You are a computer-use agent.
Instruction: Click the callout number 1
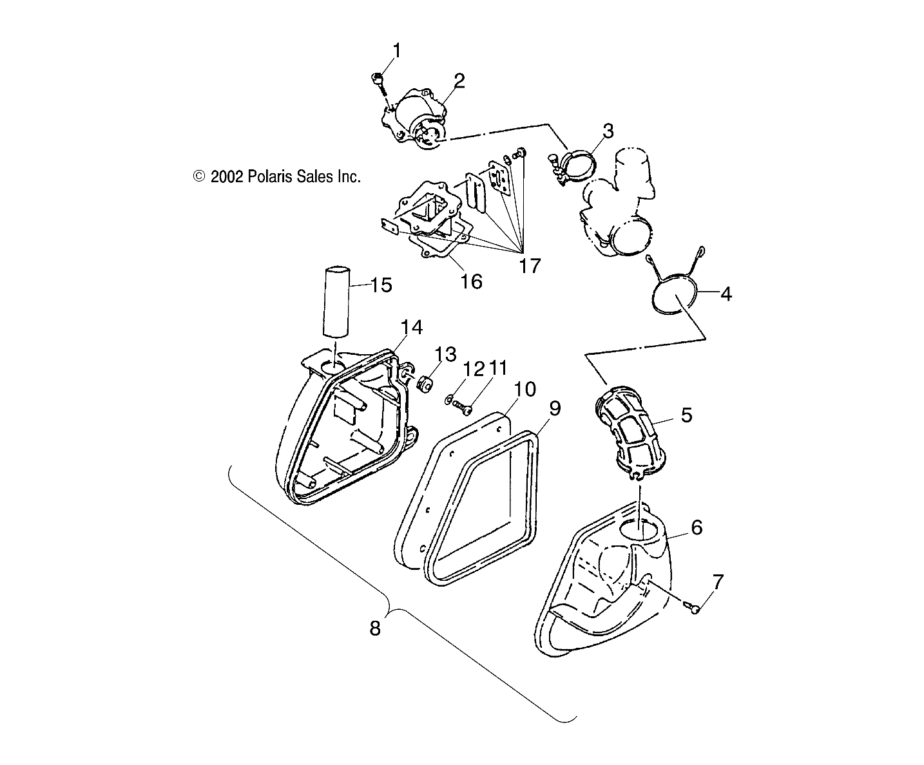tap(396, 50)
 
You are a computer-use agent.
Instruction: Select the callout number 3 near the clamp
tap(608, 131)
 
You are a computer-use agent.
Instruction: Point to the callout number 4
tap(726, 294)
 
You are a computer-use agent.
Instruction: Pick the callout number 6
tap(696, 528)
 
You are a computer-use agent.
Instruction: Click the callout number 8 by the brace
tap(374, 627)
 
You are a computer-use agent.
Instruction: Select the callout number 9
tap(554, 408)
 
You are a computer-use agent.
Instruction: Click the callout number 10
tap(525, 388)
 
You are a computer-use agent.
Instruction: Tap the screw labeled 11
tap(463, 405)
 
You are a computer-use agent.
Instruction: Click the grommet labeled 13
tap(424, 384)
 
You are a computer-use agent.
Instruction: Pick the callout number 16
tap(472, 281)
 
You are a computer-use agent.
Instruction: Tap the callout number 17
tap(530, 265)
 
